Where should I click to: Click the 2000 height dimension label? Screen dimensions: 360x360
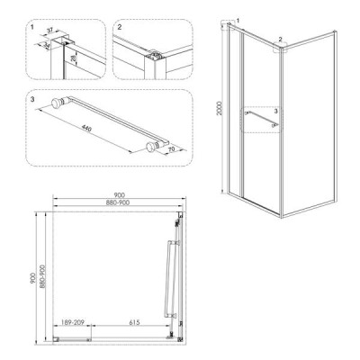coord(220,108)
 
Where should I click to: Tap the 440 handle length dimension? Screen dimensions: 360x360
coord(85,128)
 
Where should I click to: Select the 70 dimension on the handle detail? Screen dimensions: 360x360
coord(173,148)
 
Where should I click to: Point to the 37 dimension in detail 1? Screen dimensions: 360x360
coord(49,30)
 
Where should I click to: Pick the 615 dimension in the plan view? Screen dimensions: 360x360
coord(135,322)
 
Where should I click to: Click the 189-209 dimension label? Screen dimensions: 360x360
coord(72,322)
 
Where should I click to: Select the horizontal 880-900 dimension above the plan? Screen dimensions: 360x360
coord(118,202)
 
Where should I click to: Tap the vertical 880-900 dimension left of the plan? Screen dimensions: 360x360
coord(42,276)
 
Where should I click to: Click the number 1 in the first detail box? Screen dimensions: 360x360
coord(32,27)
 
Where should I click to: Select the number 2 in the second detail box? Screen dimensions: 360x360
coord(120,27)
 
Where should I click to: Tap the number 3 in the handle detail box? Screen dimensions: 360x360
coord(32,99)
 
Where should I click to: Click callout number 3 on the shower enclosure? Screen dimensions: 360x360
coord(276,111)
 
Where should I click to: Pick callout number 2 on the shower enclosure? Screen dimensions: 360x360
coord(280,39)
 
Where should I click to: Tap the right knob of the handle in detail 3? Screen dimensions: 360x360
coord(152,147)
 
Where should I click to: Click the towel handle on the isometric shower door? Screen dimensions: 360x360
coord(261,118)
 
